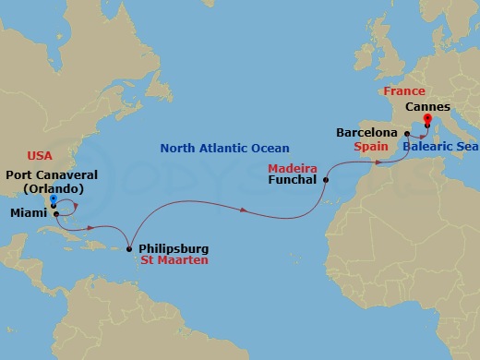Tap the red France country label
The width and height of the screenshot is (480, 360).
(403, 91)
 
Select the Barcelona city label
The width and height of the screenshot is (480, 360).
(366, 133)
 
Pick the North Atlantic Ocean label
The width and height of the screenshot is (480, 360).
(224, 148)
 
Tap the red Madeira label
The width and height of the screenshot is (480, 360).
(293, 169)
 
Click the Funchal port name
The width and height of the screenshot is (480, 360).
(294, 182)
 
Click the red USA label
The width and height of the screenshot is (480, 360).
(40, 155)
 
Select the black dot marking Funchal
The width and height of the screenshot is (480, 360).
(326, 181)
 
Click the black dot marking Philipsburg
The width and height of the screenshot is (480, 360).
(128, 248)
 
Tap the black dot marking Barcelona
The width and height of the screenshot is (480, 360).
(406, 134)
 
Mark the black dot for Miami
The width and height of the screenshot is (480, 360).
(55, 214)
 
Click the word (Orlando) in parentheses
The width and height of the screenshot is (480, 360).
(54, 189)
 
